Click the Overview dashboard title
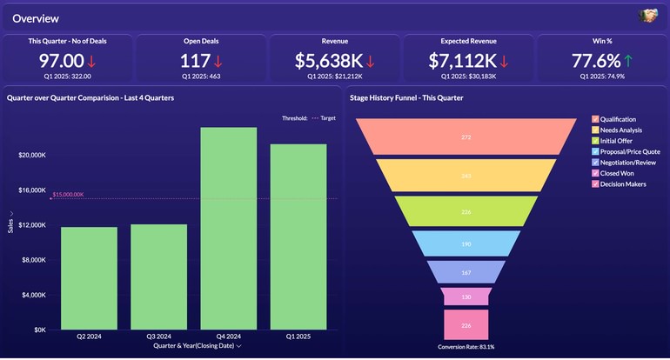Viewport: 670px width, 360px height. (36, 17)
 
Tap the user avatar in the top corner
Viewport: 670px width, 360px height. (647, 16)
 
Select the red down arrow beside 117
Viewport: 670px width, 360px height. (218, 61)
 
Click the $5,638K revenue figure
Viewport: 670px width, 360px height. (328, 61)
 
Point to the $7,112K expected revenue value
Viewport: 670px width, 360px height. (462, 61)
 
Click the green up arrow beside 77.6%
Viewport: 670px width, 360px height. (628, 61)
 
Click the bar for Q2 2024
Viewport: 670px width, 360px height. (89, 278)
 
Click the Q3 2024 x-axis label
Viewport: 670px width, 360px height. (159, 337)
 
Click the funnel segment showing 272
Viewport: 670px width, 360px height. (466, 137)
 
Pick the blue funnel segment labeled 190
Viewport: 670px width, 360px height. (466, 244)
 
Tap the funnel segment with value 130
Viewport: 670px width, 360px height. (466, 297)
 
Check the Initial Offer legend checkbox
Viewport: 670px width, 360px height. (595, 140)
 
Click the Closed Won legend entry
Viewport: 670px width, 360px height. (616, 173)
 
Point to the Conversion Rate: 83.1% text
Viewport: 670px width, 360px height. (466, 347)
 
